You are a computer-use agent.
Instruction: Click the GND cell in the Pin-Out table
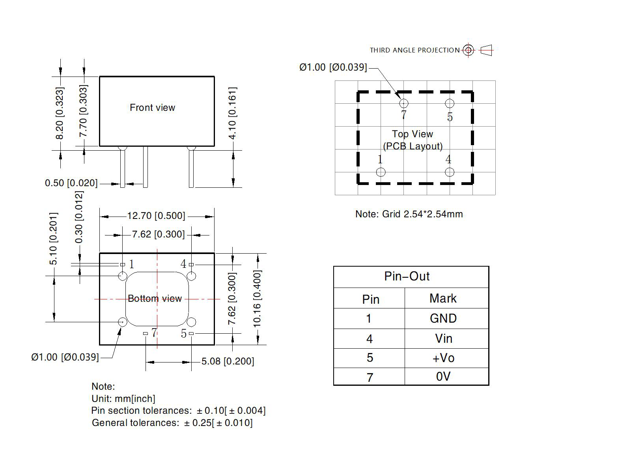[443, 318]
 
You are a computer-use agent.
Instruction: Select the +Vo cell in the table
[443, 358]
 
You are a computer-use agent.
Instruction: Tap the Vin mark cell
[443, 338]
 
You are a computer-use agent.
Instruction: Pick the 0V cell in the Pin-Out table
[443, 377]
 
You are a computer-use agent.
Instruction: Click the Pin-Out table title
[407, 276]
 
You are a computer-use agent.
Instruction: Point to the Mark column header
[443, 298]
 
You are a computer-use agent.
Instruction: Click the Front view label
[152, 108]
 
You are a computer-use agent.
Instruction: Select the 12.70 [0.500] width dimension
[156, 216]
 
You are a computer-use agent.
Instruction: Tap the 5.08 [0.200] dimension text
[228, 361]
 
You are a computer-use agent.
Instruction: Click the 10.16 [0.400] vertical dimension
[257, 299]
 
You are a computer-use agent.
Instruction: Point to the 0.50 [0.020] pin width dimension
[71, 183]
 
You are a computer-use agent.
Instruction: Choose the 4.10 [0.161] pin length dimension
[233, 113]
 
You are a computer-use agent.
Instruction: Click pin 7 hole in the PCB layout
[403, 103]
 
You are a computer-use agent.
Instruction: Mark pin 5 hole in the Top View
[450, 103]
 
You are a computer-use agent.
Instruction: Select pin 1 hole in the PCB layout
[381, 172]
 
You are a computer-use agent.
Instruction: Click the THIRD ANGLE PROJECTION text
[414, 50]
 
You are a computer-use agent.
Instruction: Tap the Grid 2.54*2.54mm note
[409, 214]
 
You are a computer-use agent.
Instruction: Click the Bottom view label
[155, 299]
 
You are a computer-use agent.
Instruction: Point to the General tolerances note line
[172, 423]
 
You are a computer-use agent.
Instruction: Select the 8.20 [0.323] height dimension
[59, 113]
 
